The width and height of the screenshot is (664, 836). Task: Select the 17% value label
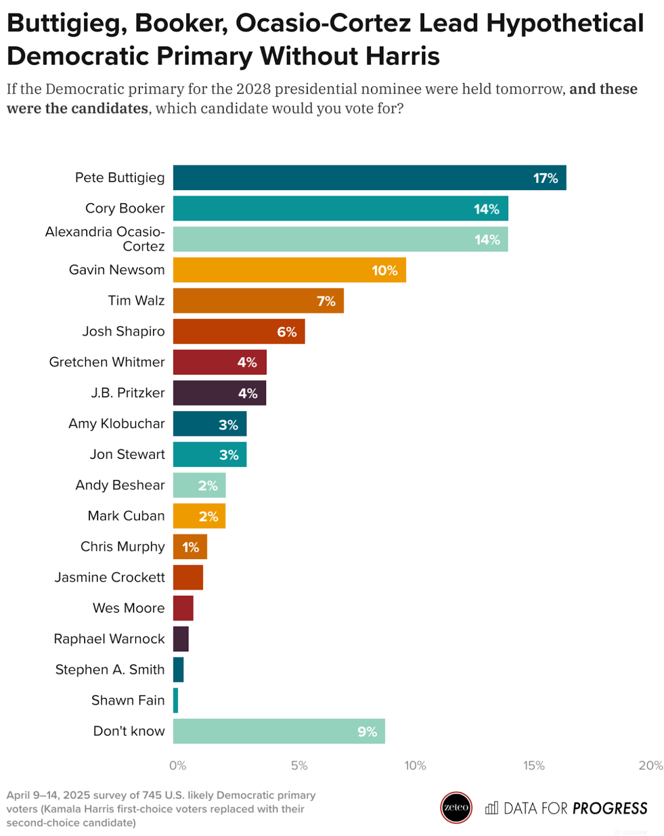pyautogui.click(x=545, y=178)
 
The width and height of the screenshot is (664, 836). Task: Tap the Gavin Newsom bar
pyautogui.click(x=289, y=270)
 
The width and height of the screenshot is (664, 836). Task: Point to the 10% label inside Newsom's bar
pyautogui.click(x=385, y=270)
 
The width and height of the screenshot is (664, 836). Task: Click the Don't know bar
pyautogui.click(x=278, y=731)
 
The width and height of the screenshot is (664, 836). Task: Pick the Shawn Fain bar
pyautogui.click(x=176, y=700)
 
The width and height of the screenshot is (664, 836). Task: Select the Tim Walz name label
pyautogui.click(x=136, y=300)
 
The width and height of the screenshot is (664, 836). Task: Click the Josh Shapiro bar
pyautogui.click(x=238, y=331)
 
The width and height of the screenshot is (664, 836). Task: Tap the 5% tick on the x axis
pyautogui.click(x=299, y=765)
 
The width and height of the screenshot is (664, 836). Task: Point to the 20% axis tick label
pyautogui.click(x=650, y=765)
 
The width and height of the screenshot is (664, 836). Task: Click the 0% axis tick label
pyautogui.click(x=178, y=765)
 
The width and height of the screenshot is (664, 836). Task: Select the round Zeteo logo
pyautogui.click(x=456, y=807)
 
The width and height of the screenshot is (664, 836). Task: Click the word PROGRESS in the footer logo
pyautogui.click(x=610, y=808)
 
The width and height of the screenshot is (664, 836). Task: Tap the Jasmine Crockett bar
pyautogui.click(x=188, y=577)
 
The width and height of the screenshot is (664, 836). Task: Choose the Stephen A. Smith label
pyautogui.click(x=110, y=669)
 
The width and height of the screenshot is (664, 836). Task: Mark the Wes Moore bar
pyautogui.click(x=183, y=608)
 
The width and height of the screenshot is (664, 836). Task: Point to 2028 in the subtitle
pyautogui.click(x=253, y=89)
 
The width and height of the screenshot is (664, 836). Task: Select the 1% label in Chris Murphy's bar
pyautogui.click(x=190, y=547)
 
